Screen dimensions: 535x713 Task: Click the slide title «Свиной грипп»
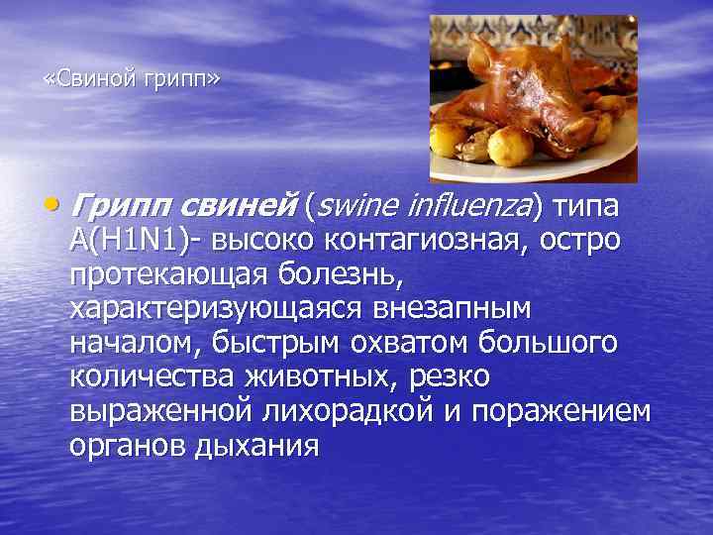132,78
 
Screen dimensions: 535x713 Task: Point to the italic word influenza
464,207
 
